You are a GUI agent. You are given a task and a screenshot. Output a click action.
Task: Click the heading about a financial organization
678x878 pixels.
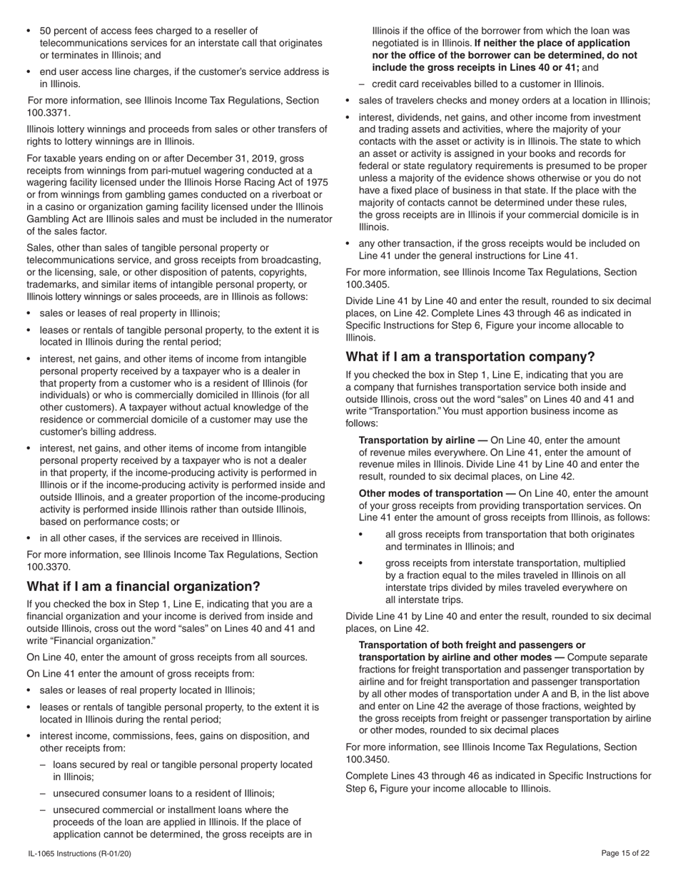[143, 587]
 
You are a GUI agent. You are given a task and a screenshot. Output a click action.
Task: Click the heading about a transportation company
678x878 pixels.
[470, 357]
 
